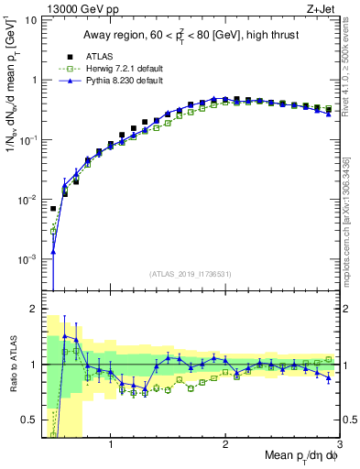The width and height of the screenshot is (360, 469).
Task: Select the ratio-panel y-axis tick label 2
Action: [33, 309]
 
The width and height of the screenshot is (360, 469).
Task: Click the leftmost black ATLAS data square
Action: [53, 209]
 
